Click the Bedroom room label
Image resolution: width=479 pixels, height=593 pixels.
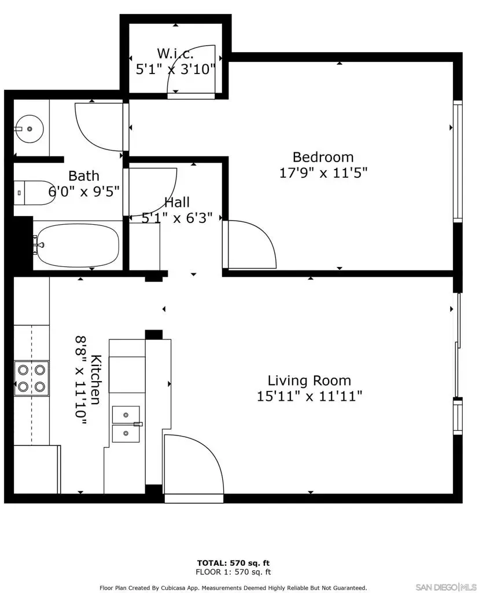coord(323,157)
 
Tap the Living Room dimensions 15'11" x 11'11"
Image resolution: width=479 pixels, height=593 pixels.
coord(309,397)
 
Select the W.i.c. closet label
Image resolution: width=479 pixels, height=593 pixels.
coord(176,54)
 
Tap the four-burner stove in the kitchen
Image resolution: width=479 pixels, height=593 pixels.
coord(31,378)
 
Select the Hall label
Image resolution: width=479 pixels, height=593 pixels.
coord(177,202)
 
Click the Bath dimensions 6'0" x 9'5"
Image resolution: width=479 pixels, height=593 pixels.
coord(84,192)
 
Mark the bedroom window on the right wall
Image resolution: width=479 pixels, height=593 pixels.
coord(458,161)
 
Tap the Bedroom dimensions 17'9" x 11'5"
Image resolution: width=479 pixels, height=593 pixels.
coord(323,172)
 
